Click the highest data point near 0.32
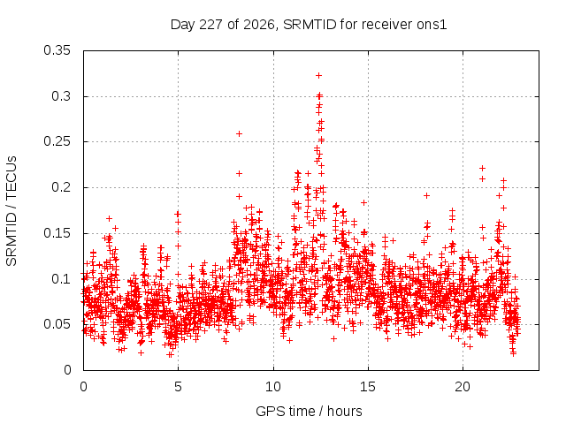[318, 75]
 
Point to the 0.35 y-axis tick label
[57, 50]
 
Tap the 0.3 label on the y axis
[61, 96]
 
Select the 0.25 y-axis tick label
[57, 141]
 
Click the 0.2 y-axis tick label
[61, 187]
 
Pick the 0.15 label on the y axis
[57, 233]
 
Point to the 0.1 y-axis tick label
[61, 279]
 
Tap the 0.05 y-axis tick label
[57, 324]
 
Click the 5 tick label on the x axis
[178, 387]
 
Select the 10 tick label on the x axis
[273, 387]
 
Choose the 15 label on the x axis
[368, 387]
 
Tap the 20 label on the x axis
[463, 387]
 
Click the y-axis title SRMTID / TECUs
[11, 211]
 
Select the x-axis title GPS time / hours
[309, 412]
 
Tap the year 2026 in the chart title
[259, 25]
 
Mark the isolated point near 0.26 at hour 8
[239, 133]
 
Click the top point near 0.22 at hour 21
[482, 168]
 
